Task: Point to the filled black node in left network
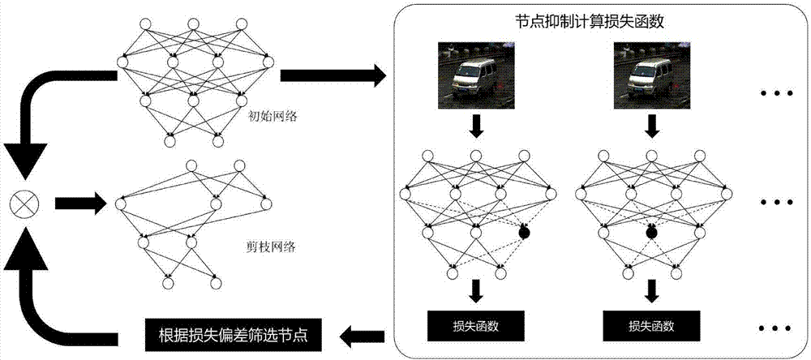coord(524,234)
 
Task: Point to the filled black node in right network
coord(650,234)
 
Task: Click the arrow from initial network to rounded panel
coord(333,77)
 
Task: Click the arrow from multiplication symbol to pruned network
coord(81,203)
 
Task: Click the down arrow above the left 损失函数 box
coord(477,290)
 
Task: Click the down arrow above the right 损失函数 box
coord(653,290)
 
